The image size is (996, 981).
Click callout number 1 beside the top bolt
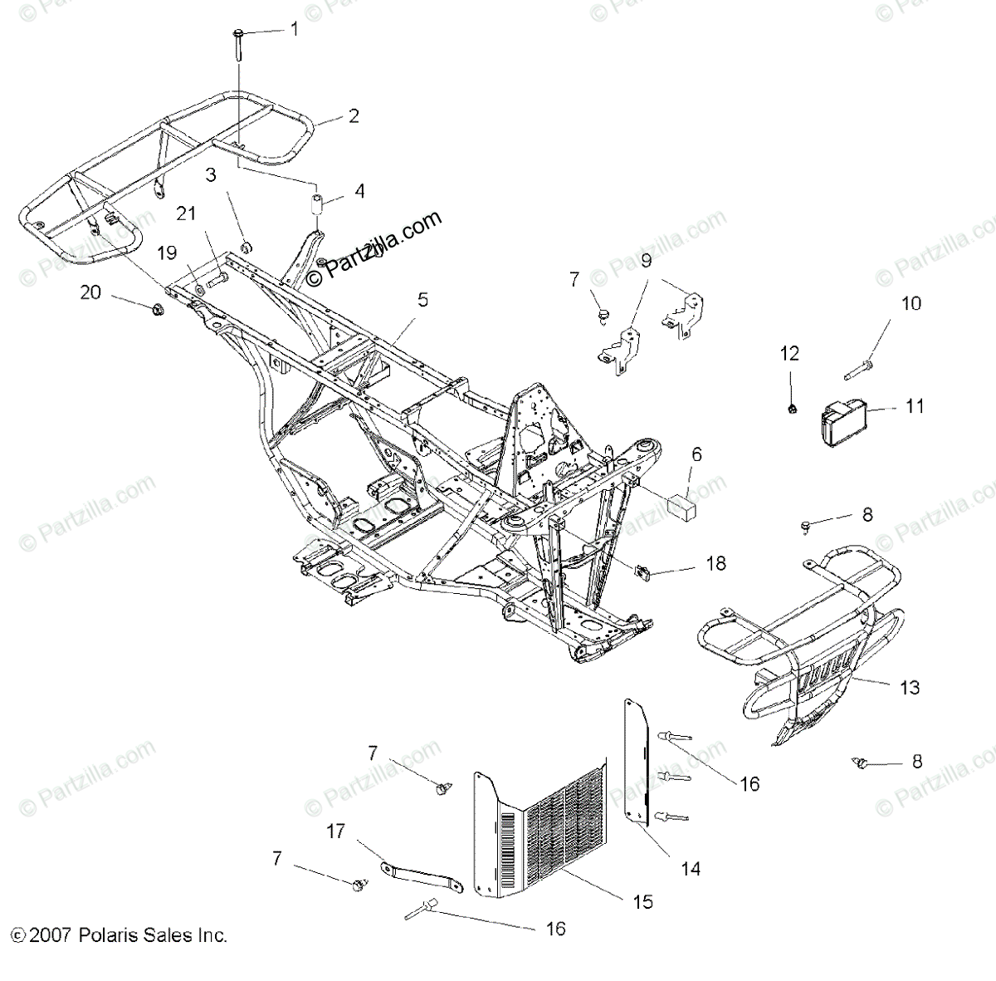pos(293,29)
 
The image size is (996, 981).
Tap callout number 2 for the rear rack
pos(354,116)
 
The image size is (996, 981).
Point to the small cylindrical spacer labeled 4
pos(316,204)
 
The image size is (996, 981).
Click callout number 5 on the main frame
pos(423,301)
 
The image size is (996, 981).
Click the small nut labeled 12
pos(792,408)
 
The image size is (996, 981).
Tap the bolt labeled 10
pos(859,364)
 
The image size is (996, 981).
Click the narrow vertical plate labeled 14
pos(636,764)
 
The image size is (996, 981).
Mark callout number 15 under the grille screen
pos(642,901)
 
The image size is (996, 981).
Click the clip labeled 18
pos(642,571)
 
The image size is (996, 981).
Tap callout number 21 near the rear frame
pos(187,213)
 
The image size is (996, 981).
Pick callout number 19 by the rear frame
pos(167,251)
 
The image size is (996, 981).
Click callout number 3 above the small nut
pos(211,175)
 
